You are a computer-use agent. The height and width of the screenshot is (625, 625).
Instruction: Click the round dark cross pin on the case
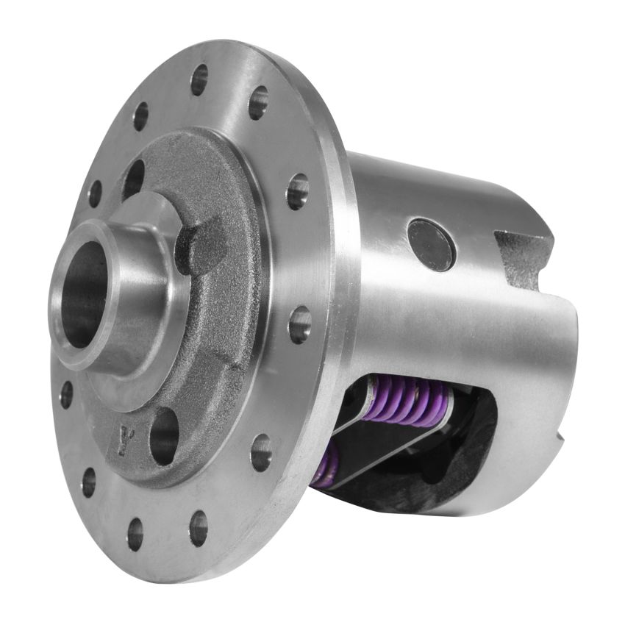(432, 244)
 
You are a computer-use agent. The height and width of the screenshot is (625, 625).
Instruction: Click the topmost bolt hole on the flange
(199, 79)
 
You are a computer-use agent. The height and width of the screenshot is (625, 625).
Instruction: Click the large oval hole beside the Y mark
(164, 435)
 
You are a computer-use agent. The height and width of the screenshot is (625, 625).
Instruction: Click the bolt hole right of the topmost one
(258, 103)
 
